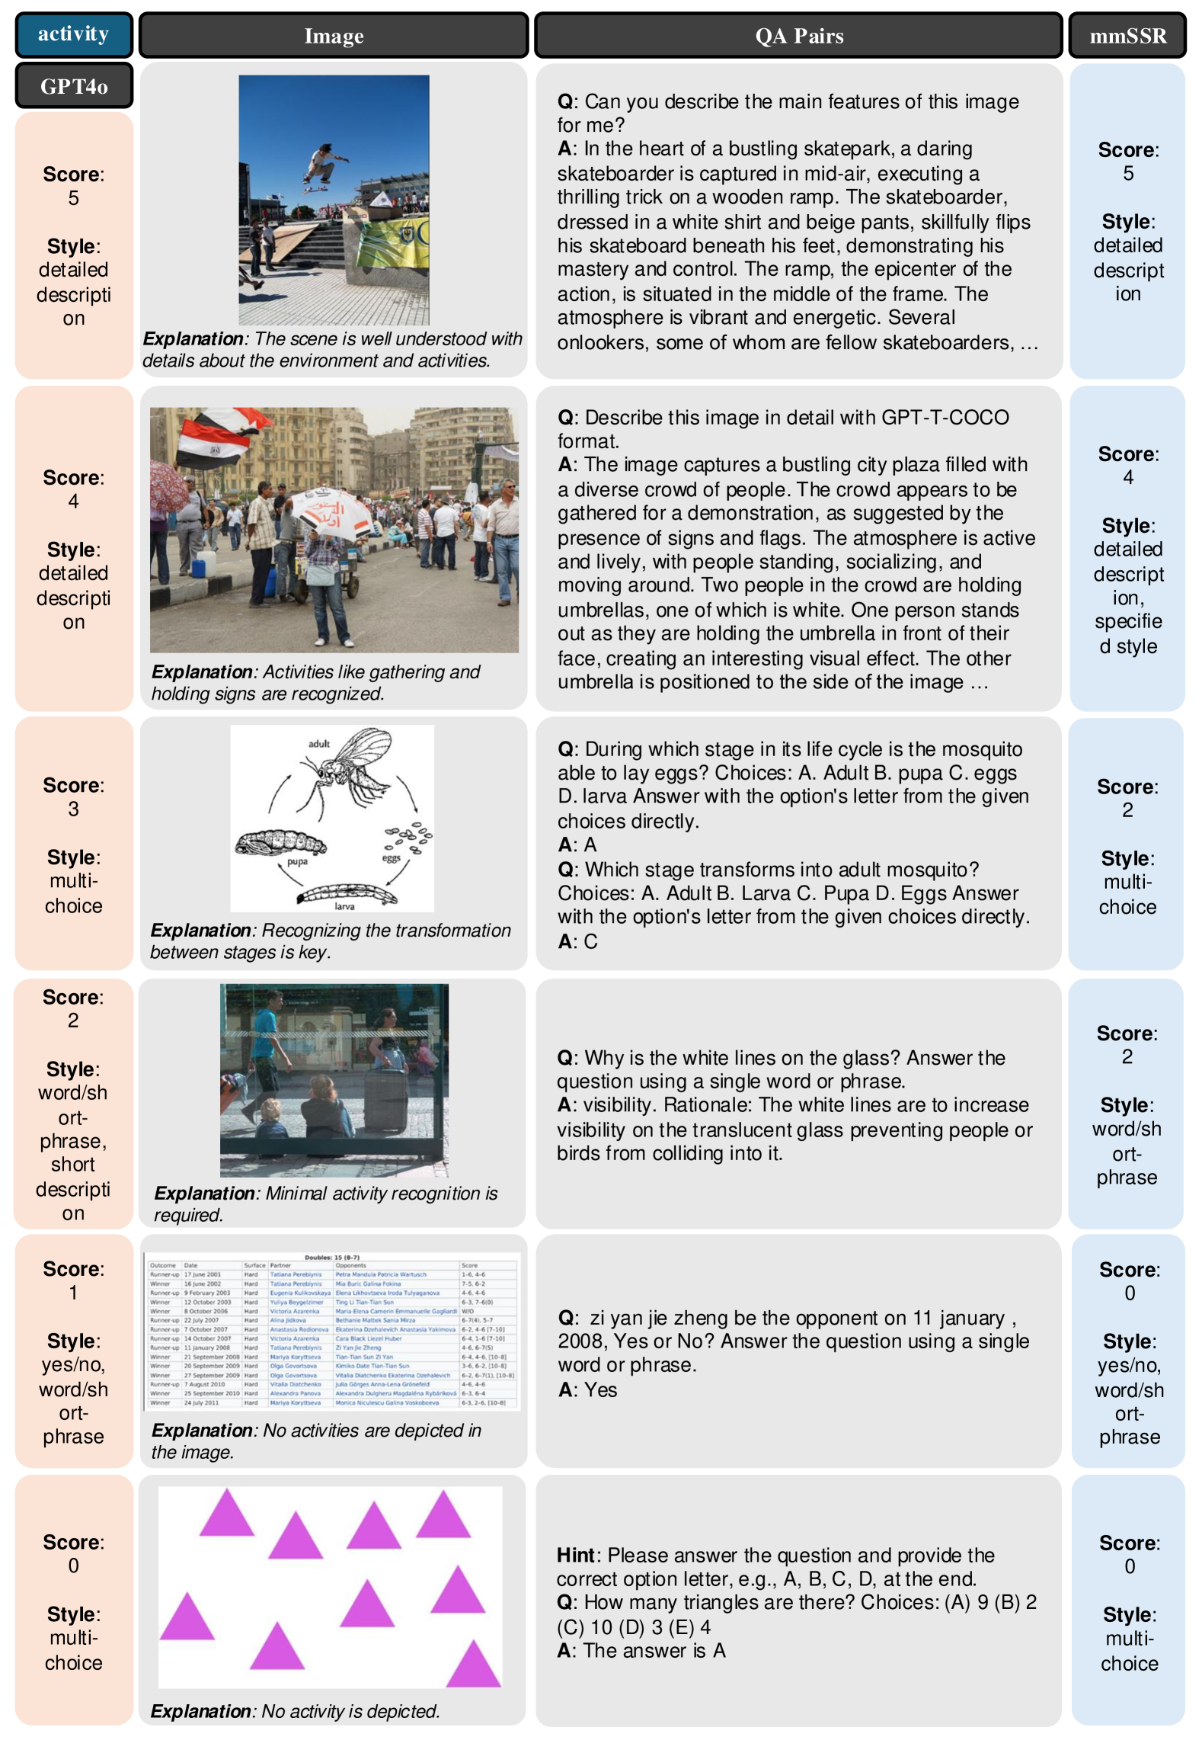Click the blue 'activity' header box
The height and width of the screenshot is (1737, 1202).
pyautogui.click(x=74, y=34)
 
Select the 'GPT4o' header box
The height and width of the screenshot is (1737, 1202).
pyautogui.click(x=74, y=85)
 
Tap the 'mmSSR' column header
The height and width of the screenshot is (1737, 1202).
pyautogui.click(x=1127, y=35)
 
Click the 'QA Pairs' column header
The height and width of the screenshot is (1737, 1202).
pyautogui.click(x=798, y=35)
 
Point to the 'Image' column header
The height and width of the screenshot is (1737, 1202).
pyautogui.click(x=334, y=35)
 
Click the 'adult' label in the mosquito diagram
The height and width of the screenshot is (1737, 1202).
pyautogui.click(x=319, y=743)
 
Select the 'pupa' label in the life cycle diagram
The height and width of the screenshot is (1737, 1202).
pyautogui.click(x=297, y=862)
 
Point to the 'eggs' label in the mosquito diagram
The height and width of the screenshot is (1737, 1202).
pyautogui.click(x=391, y=858)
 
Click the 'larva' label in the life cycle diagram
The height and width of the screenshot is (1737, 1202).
pyautogui.click(x=344, y=906)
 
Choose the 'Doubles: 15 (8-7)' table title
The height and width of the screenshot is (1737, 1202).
pyautogui.click(x=331, y=1258)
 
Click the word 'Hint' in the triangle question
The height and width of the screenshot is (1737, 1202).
pyautogui.click(x=575, y=1555)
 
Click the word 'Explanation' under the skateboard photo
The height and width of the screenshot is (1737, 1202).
pyautogui.click(x=193, y=338)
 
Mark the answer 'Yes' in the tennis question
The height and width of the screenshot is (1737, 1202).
pyautogui.click(x=600, y=1389)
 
